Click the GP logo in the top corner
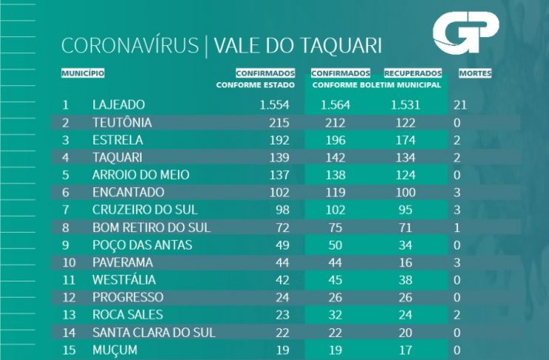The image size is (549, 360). (465, 34)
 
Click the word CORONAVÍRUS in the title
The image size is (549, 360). (130, 46)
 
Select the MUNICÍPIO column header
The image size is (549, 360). (82, 73)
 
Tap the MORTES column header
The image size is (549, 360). (475, 73)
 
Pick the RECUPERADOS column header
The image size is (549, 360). (413, 73)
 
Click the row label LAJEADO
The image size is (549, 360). (119, 104)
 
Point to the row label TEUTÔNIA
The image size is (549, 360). (122, 122)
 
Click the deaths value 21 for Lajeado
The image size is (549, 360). (459, 104)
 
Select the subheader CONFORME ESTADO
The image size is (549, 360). (256, 85)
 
